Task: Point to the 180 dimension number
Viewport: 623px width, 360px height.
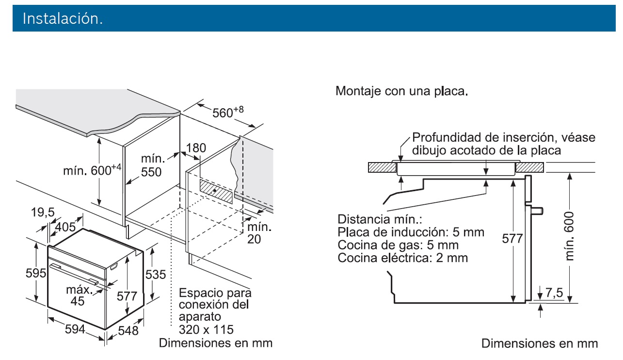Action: [196, 148]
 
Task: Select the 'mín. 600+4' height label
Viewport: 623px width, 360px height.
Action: [92, 170]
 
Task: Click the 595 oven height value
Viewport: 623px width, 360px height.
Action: [35, 272]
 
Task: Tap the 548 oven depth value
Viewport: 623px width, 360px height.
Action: [128, 331]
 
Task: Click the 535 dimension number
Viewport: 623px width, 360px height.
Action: [156, 274]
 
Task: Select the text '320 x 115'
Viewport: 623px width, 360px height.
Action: [206, 329]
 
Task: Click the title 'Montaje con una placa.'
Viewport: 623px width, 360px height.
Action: [402, 91]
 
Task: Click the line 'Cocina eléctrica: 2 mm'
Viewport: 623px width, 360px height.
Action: [403, 258]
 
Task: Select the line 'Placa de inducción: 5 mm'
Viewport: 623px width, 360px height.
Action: [411, 232]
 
